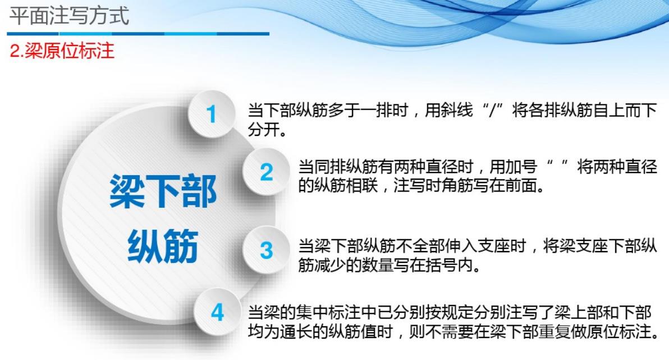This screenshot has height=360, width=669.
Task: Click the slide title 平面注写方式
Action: (x=69, y=16)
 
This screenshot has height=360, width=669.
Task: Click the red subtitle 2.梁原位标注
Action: (x=62, y=51)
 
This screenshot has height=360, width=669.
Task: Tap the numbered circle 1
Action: (x=211, y=114)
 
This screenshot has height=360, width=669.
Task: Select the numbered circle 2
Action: (x=266, y=172)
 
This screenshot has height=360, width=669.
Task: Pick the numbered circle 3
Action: (x=266, y=250)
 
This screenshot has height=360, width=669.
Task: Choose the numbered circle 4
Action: (x=217, y=312)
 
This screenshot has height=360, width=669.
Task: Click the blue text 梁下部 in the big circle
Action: (x=163, y=191)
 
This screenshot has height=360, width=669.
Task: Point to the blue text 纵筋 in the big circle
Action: (x=163, y=245)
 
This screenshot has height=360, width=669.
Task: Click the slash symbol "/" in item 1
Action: (x=493, y=111)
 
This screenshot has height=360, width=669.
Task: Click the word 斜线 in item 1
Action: (x=457, y=111)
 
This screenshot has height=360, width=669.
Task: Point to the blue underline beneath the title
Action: (x=138, y=33)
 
